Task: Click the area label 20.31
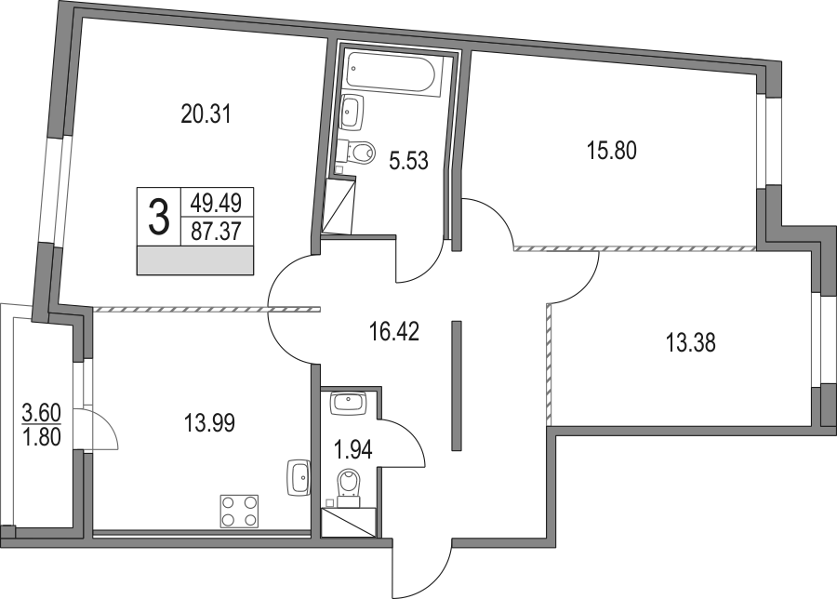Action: click(206, 114)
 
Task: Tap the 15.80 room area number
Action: click(612, 151)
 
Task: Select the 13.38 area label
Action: click(690, 342)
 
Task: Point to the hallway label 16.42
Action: click(394, 331)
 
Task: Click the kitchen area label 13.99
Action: click(210, 423)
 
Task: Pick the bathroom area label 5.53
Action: click(409, 160)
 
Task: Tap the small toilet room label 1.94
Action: click(352, 449)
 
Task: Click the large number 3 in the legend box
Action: click(158, 216)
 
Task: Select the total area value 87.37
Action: click(216, 233)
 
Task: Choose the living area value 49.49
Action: click(216, 203)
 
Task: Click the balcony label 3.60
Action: click(42, 413)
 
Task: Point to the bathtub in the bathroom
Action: click(393, 73)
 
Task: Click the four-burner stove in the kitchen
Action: click(239, 512)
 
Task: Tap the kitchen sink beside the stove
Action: click(299, 478)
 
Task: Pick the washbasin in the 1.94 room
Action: click(348, 403)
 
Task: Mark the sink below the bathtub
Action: click(352, 113)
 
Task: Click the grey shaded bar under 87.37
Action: click(195, 261)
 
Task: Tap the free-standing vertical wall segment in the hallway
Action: click(456, 385)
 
